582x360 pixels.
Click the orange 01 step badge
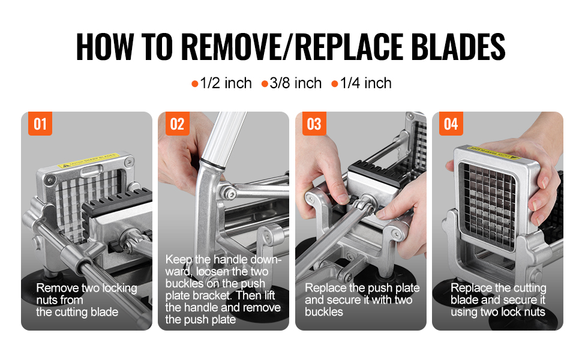tap(40, 124)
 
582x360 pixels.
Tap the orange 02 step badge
tap(177, 124)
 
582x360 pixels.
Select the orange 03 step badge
tap(314, 124)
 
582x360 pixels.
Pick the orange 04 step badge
tap(451, 124)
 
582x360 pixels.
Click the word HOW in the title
tap(104, 47)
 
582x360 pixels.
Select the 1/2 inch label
tap(226, 83)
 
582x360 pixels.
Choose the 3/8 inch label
tap(295, 83)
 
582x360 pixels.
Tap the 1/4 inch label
tap(365, 83)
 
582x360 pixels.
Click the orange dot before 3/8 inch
tap(265, 84)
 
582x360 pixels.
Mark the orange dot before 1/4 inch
tap(334, 84)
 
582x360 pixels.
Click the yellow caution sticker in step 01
tap(88, 160)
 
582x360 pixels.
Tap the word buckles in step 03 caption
tap(323, 312)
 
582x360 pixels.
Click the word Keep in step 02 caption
tap(179, 259)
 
